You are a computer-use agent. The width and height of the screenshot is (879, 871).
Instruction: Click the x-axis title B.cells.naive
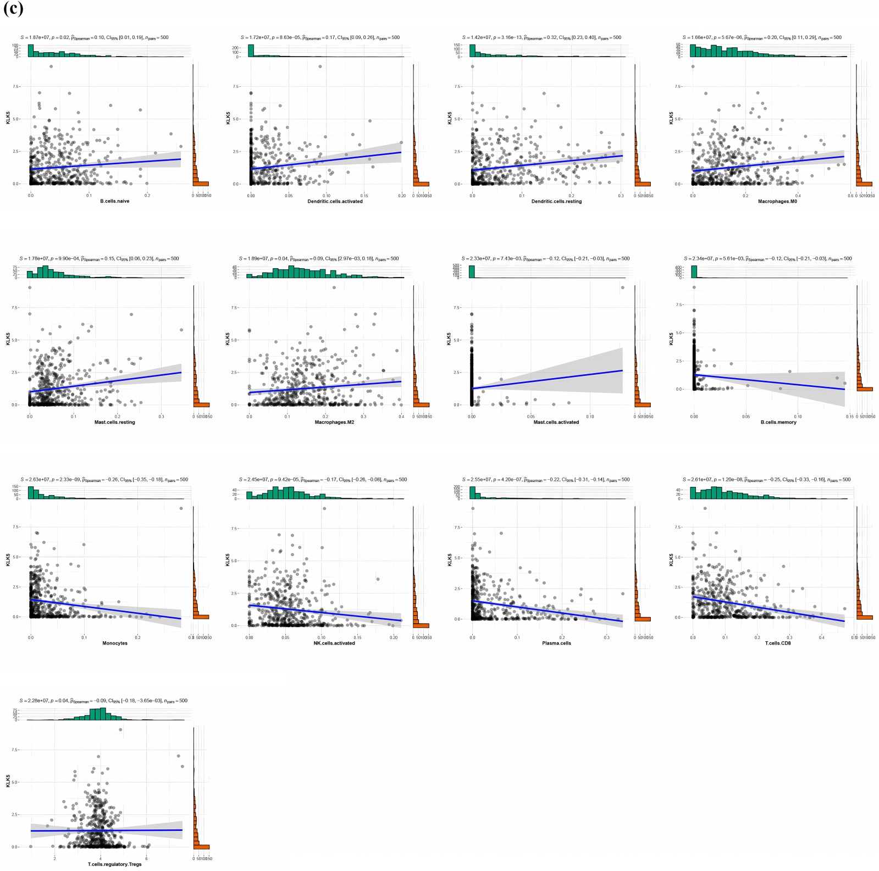[114, 201]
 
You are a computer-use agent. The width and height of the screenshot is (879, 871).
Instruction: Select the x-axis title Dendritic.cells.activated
[335, 201]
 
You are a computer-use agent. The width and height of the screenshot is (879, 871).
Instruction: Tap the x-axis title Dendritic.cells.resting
[556, 201]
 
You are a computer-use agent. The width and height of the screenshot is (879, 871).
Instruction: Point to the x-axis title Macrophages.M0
[777, 201]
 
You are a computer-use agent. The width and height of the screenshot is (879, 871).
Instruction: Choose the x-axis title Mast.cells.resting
[114, 422]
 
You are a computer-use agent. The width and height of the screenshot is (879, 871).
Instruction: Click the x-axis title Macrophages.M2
[334, 422]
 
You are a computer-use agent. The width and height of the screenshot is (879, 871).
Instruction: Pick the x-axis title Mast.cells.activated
[556, 422]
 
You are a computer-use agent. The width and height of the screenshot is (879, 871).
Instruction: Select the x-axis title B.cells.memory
[778, 422]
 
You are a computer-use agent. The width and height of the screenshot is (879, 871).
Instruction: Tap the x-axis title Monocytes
[114, 643]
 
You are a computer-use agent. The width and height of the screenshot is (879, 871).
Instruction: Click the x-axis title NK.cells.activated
[334, 643]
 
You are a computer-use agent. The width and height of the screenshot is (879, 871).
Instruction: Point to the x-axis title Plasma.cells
[556, 643]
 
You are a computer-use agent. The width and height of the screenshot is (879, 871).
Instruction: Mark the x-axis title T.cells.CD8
[778, 643]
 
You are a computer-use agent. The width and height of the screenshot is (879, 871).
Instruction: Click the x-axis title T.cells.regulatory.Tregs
[114, 864]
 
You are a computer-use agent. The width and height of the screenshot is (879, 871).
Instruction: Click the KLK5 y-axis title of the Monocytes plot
[8, 559]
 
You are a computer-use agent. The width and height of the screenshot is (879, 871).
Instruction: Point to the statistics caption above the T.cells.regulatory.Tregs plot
[103, 701]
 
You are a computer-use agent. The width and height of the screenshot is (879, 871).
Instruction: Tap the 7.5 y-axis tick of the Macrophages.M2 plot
[235, 308]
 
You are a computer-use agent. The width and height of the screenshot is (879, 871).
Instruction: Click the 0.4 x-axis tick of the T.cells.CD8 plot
[821, 637]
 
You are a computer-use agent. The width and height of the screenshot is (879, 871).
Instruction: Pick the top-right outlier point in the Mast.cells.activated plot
[622, 287]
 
